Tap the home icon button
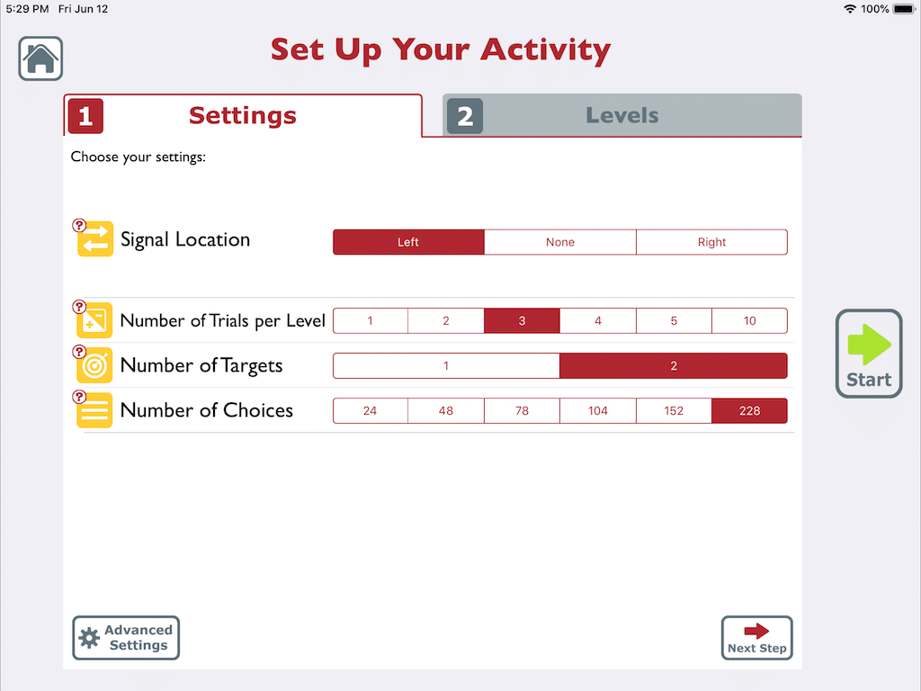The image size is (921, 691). (40, 58)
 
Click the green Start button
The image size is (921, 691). (869, 354)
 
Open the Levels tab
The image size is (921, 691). (621, 115)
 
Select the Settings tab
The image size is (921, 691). (242, 115)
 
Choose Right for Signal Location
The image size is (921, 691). (711, 242)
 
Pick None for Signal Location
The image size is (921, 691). (560, 242)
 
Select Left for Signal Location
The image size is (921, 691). (408, 242)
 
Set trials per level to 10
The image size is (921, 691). (749, 321)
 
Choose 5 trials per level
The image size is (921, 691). (674, 321)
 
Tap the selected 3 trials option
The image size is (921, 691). (522, 321)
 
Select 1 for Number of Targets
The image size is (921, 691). (446, 366)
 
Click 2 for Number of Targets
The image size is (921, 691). (674, 366)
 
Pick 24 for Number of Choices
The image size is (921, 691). (371, 411)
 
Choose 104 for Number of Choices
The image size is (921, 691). (598, 411)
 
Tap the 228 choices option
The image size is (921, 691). (749, 411)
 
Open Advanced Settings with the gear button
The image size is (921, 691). (126, 638)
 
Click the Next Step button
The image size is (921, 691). (756, 638)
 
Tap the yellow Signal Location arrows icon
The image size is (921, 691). (95, 239)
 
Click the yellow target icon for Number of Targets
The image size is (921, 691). (95, 366)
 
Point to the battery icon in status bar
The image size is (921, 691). (903, 9)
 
